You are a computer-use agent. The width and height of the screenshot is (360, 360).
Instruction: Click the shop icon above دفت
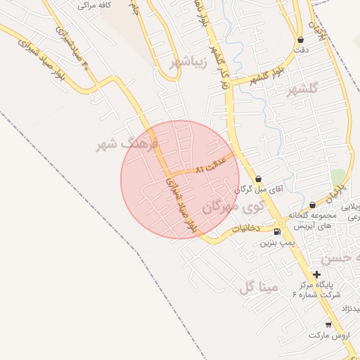point(301,40)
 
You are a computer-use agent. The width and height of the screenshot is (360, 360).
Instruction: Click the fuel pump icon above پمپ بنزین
point(277,231)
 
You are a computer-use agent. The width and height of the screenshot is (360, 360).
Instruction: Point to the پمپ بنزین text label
point(276,243)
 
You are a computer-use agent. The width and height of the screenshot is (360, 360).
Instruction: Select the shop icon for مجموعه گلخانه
point(312,205)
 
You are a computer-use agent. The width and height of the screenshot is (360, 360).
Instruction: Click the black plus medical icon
point(317,274)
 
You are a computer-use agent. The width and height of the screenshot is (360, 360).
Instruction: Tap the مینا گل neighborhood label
point(259,287)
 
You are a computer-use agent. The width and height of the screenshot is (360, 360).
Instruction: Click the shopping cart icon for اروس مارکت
point(328,324)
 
